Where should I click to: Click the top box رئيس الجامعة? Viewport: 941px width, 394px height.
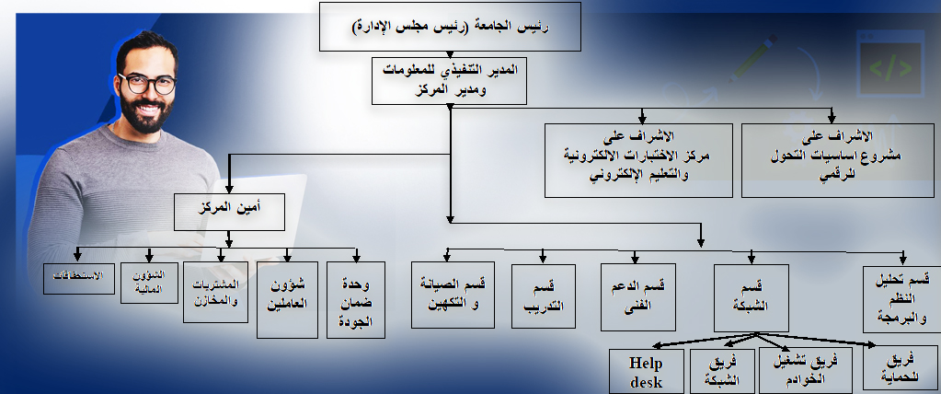click(451, 26)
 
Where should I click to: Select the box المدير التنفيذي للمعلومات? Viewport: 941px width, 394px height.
click(450, 79)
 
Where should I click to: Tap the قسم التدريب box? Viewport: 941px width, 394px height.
click(544, 296)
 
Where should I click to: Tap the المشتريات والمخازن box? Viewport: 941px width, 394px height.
click(216, 291)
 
